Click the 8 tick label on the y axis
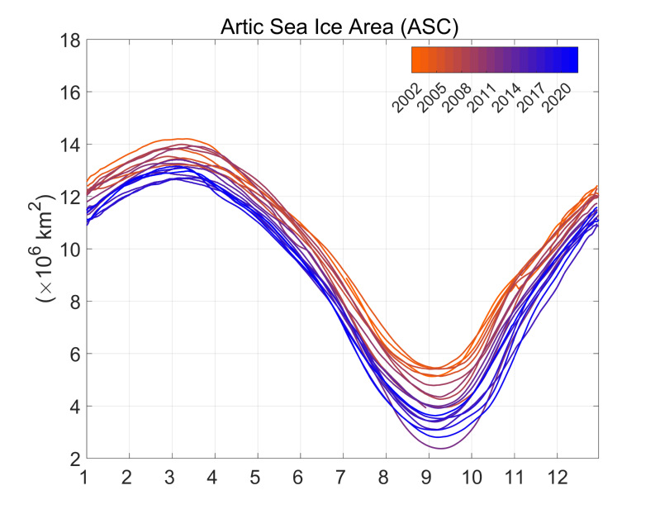pos(73,302)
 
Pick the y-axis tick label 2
pos(73,459)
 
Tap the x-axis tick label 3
pos(172,478)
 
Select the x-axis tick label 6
pos(300,478)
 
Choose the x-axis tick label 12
pos(556,478)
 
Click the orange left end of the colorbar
pos(415,59)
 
